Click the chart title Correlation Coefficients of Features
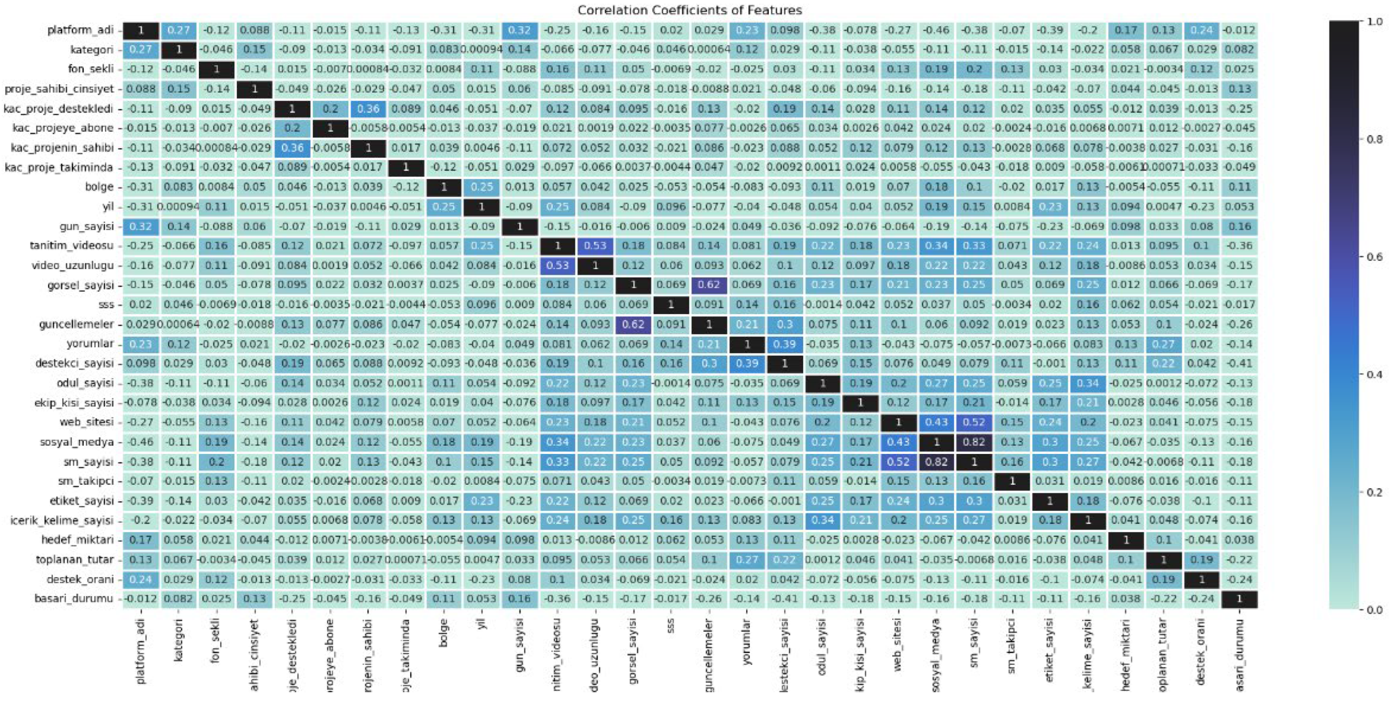(x=689, y=10)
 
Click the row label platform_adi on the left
(x=80, y=30)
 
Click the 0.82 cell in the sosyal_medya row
(x=974, y=442)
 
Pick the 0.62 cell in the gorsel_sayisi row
(x=709, y=285)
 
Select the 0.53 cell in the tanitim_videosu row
(x=595, y=246)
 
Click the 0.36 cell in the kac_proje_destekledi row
(x=368, y=108)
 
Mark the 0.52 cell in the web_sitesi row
(x=974, y=422)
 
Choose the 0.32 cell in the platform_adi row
(x=519, y=30)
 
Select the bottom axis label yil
(x=482, y=625)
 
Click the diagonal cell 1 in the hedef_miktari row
(x=1126, y=540)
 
